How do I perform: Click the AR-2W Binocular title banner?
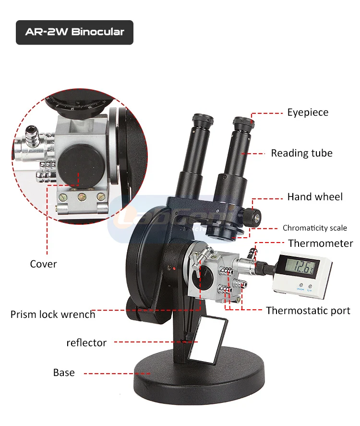(74, 32)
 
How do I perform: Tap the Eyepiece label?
(308, 112)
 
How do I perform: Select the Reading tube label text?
(301, 153)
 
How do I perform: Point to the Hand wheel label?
(315, 197)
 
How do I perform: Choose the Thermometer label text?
(320, 243)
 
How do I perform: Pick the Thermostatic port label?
(308, 311)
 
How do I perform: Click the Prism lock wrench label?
(53, 315)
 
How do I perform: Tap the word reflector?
(86, 342)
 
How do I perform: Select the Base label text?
(64, 373)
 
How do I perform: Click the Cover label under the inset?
(43, 264)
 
